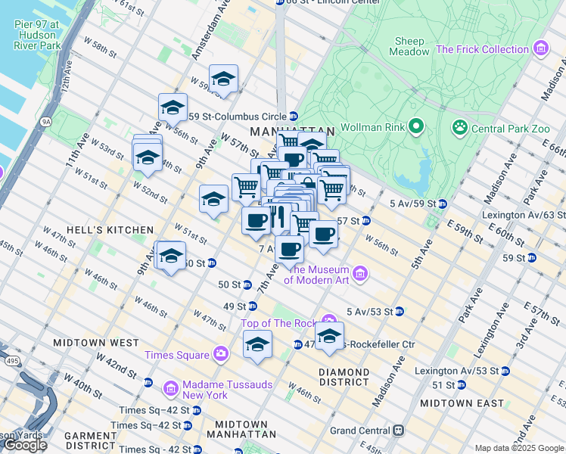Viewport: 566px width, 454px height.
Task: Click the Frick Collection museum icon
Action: click(x=540, y=50)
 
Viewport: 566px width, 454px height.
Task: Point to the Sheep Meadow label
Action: click(x=407, y=46)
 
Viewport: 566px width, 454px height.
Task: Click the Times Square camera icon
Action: click(x=220, y=353)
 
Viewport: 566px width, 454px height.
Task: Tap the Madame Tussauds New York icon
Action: click(x=170, y=389)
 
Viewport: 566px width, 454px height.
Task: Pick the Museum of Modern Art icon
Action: click(x=359, y=273)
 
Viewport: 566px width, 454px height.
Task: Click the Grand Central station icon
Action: click(x=398, y=431)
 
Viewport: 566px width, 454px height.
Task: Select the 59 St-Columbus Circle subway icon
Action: click(x=293, y=117)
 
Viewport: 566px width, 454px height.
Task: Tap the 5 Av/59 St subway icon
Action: click(x=442, y=204)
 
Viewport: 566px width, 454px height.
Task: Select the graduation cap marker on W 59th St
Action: click(x=223, y=79)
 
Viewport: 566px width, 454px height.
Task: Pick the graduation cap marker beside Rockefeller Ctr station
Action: click(x=329, y=337)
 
